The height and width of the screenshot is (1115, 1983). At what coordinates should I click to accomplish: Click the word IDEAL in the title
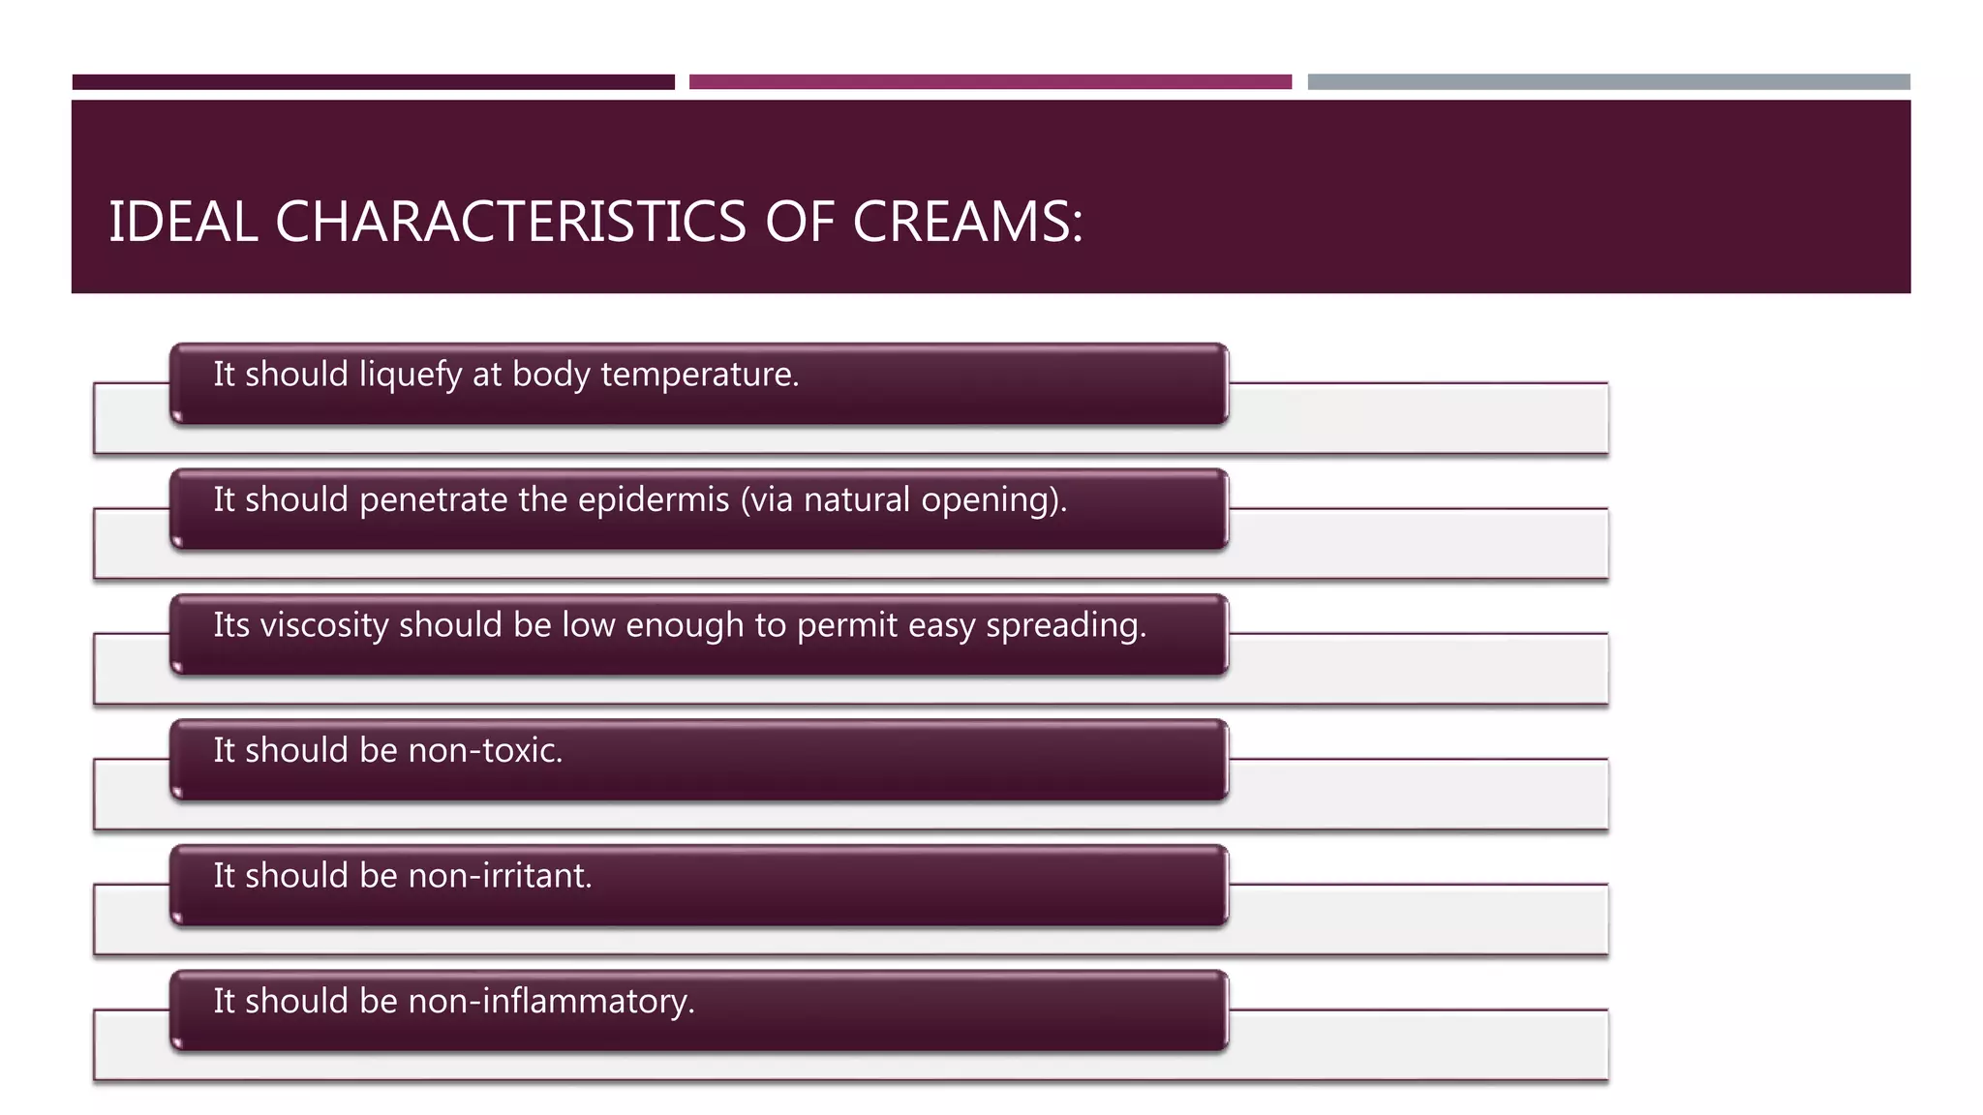pos(183,222)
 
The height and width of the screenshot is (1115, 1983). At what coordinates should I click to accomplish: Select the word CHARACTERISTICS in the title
pos(511,222)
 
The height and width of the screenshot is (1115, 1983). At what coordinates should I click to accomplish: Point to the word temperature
pos(699,375)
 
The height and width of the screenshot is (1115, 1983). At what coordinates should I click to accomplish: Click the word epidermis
pos(654,499)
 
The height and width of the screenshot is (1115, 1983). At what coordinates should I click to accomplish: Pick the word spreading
pos(1065,625)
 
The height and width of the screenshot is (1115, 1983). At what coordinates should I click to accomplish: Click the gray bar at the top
pos(1608,82)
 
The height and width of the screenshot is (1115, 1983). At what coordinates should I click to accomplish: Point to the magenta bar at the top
pos(990,82)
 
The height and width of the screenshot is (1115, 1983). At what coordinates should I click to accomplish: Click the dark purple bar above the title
pos(373,82)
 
